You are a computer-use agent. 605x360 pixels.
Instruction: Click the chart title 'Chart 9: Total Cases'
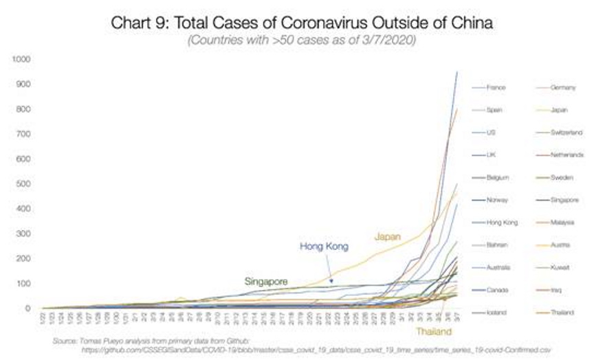pyautogui.click(x=302, y=23)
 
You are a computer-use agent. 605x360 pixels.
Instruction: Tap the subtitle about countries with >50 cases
pyautogui.click(x=302, y=41)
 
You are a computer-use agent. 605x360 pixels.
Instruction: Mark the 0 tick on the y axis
pyautogui.click(x=29, y=308)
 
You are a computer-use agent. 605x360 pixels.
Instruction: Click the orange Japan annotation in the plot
pyautogui.click(x=388, y=237)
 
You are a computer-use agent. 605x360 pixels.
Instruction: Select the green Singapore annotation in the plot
pyautogui.click(x=267, y=281)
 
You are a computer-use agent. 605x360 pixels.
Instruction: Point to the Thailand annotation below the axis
pyautogui.click(x=432, y=332)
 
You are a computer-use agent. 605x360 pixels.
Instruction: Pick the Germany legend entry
pyautogui.click(x=563, y=88)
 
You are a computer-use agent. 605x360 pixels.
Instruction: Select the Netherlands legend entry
pyautogui.click(x=567, y=155)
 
